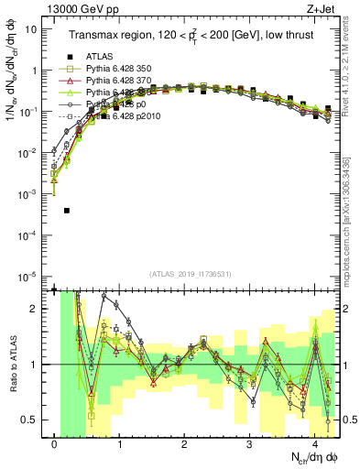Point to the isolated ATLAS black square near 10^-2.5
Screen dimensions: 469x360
tap(67, 211)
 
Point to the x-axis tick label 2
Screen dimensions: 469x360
tap(185, 444)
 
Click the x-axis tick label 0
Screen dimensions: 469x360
tap(55, 444)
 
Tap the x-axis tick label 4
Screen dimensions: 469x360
tap(315, 444)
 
